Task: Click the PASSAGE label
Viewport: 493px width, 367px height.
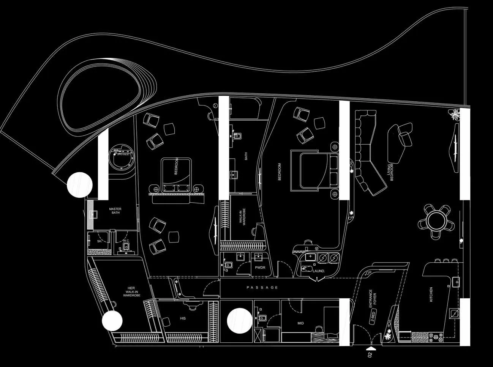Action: pyautogui.click(x=262, y=288)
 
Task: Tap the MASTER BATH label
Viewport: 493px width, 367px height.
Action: pyautogui.click(x=115, y=211)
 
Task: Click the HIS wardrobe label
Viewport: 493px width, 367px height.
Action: pyautogui.click(x=183, y=318)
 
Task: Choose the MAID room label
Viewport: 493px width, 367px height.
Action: pyautogui.click(x=301, y=323)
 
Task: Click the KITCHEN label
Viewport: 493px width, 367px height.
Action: pyautogui.click(x=431, y=295)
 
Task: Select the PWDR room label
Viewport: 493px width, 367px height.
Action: pyautogui.click(x=261, y=268)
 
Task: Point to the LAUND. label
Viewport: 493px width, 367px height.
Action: pyautogui.click(x=319, y=271)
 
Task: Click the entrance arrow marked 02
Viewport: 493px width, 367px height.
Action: pyautogui.click(x=370, y=348)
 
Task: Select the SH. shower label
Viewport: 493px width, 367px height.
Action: pyautogui.click(x=99, y=241)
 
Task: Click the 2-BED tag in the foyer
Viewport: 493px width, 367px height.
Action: pyautogui.click(x=373, y=318)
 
